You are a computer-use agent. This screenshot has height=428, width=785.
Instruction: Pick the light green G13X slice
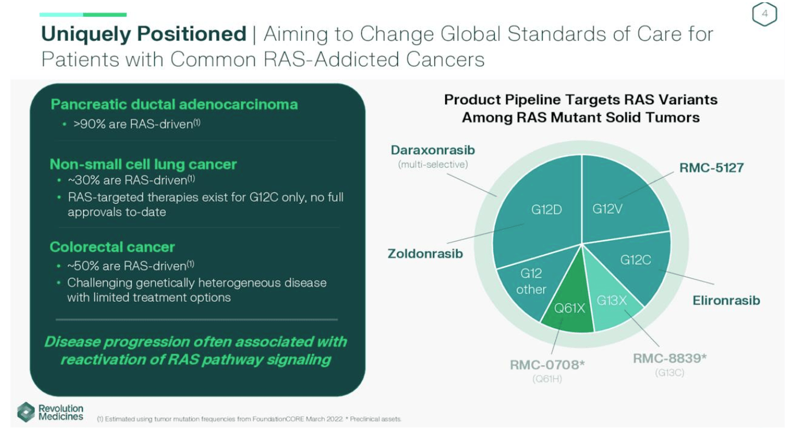(x=613, y=305)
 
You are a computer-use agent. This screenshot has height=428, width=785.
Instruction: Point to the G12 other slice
(x=527, y=282)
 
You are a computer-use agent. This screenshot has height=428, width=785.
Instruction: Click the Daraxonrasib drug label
(x=433, y=150)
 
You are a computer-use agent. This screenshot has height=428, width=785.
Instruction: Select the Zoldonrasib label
(x=425, y=253)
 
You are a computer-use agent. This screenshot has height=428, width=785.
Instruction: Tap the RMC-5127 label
(x=711, y=168)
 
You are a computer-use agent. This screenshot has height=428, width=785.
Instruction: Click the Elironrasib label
(x=726, y=300)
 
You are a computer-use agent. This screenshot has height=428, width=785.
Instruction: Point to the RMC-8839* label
(x=669, y=358)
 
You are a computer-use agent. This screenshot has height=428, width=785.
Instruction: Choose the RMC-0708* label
(x=547, y=365)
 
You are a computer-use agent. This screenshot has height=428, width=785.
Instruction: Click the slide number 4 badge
(x=764, y=15)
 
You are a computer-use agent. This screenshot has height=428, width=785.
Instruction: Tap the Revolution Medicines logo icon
(x=26, y=412)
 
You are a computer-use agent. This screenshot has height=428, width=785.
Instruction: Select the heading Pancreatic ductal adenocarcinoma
(x=174, y=104)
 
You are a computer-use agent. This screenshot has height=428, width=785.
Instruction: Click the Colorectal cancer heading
(x=112, y=247)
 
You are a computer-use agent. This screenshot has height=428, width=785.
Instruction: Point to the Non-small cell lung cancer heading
(x=143, y=164)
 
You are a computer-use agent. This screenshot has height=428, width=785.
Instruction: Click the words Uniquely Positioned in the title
(x=143, y=34)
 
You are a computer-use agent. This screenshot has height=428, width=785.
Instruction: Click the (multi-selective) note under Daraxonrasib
(x=433, y=165)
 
